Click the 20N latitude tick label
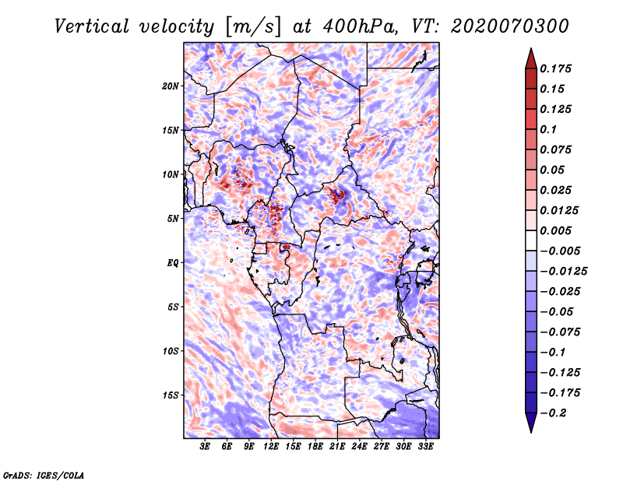171,86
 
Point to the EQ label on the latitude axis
173,263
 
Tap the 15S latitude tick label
171,395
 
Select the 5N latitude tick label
173,219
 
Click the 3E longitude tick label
206,448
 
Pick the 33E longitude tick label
425,448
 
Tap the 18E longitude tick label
315,448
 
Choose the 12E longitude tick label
272,448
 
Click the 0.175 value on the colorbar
557,68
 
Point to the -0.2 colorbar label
554,413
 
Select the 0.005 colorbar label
557,230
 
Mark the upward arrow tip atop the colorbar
530,51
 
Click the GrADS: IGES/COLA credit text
43,474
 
